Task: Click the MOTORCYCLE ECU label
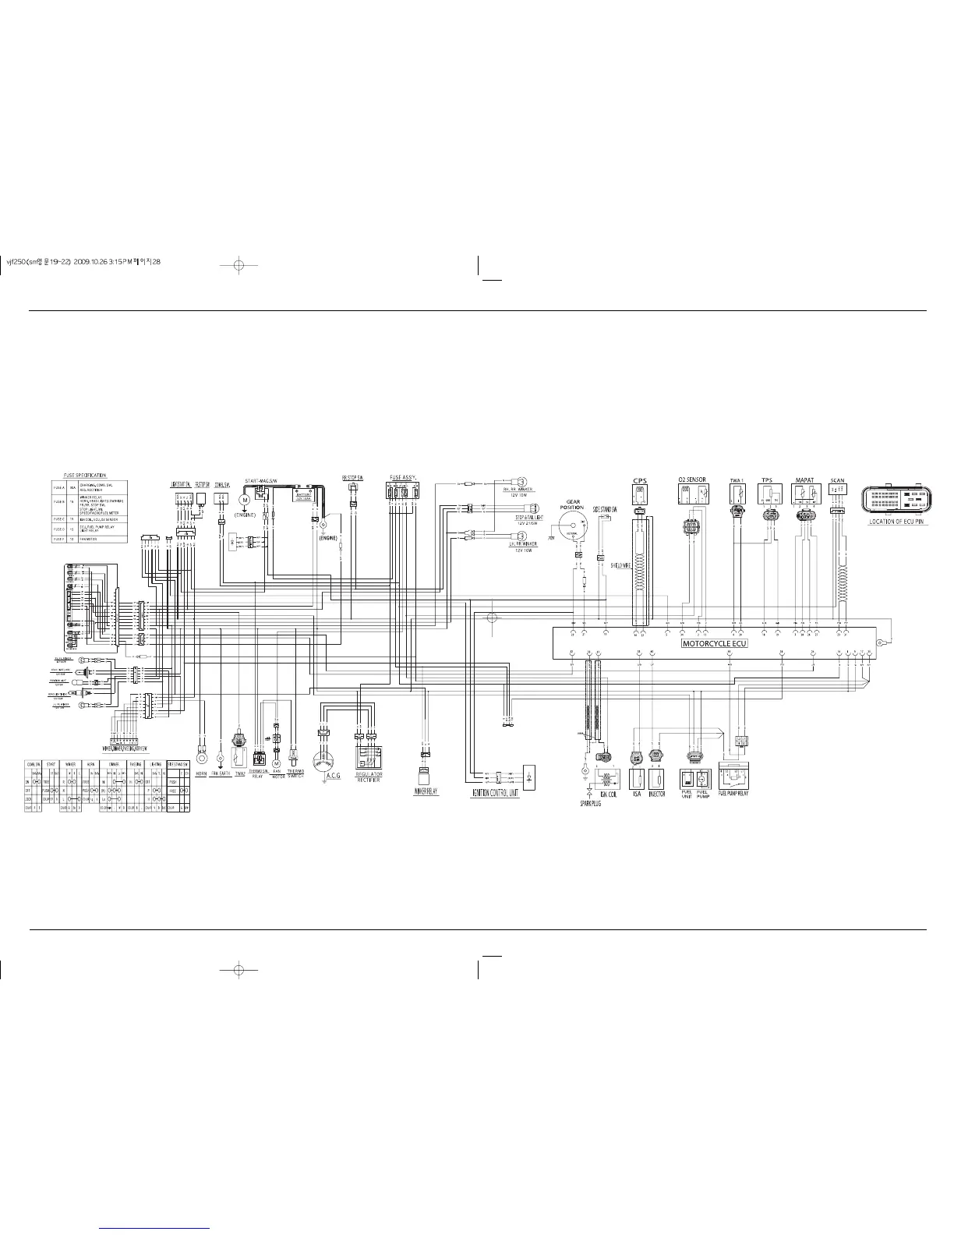(x=714, y=644)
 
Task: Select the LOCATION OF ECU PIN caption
(x=896, y=522)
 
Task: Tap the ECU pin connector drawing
(x=896, y=500)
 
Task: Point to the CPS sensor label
(x=640, y=480)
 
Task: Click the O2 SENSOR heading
(x=691, y=480)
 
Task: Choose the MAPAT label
(x=804, y=480)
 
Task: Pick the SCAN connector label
(x=838, y=480)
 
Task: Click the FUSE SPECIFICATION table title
(x=85, y=475)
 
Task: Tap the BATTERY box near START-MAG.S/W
(x=301, y=495)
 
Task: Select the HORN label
(x=201, y=773)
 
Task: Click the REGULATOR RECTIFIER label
(x=369, y=777)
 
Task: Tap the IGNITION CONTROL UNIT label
(x=495, y=794)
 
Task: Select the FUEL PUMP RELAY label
(x=733, y=794)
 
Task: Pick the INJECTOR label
(x=657, y=794)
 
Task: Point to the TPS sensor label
(x=767, y=480)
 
